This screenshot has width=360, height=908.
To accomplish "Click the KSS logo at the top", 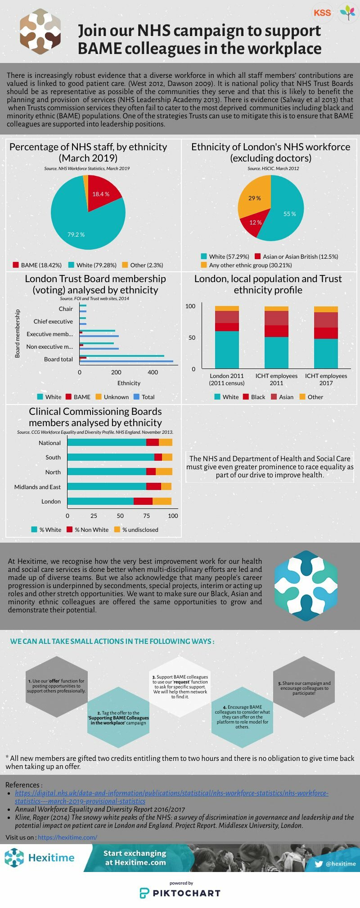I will click(x=322, y=13).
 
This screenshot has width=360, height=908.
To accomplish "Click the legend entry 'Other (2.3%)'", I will click(x=143, y=265).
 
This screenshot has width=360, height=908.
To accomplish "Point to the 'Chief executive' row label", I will click(x=53, y=321).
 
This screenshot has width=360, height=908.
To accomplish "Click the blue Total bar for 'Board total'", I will click(x=126, y=361).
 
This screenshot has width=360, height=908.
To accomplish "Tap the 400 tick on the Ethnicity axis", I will click(x=153, y=372).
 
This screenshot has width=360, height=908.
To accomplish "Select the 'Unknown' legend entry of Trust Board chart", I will click(x=112, y=397).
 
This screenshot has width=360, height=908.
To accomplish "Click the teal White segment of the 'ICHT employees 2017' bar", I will click(x=326, y=354).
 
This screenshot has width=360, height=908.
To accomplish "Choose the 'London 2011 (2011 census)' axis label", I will click(x=227, y=379).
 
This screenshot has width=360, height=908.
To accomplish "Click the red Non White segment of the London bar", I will click(x=143, y=501).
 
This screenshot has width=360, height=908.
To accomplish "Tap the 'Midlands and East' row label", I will click(x=37, y=487).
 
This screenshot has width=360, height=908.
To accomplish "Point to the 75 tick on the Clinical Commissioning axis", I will click(x=147, y=516).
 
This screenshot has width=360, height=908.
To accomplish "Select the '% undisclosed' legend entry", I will click(x=136, y=530).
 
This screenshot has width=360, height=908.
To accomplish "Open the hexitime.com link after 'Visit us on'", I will click(x=67, y=837).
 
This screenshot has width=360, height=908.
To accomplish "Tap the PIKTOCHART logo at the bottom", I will click(x=180, y=893).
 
